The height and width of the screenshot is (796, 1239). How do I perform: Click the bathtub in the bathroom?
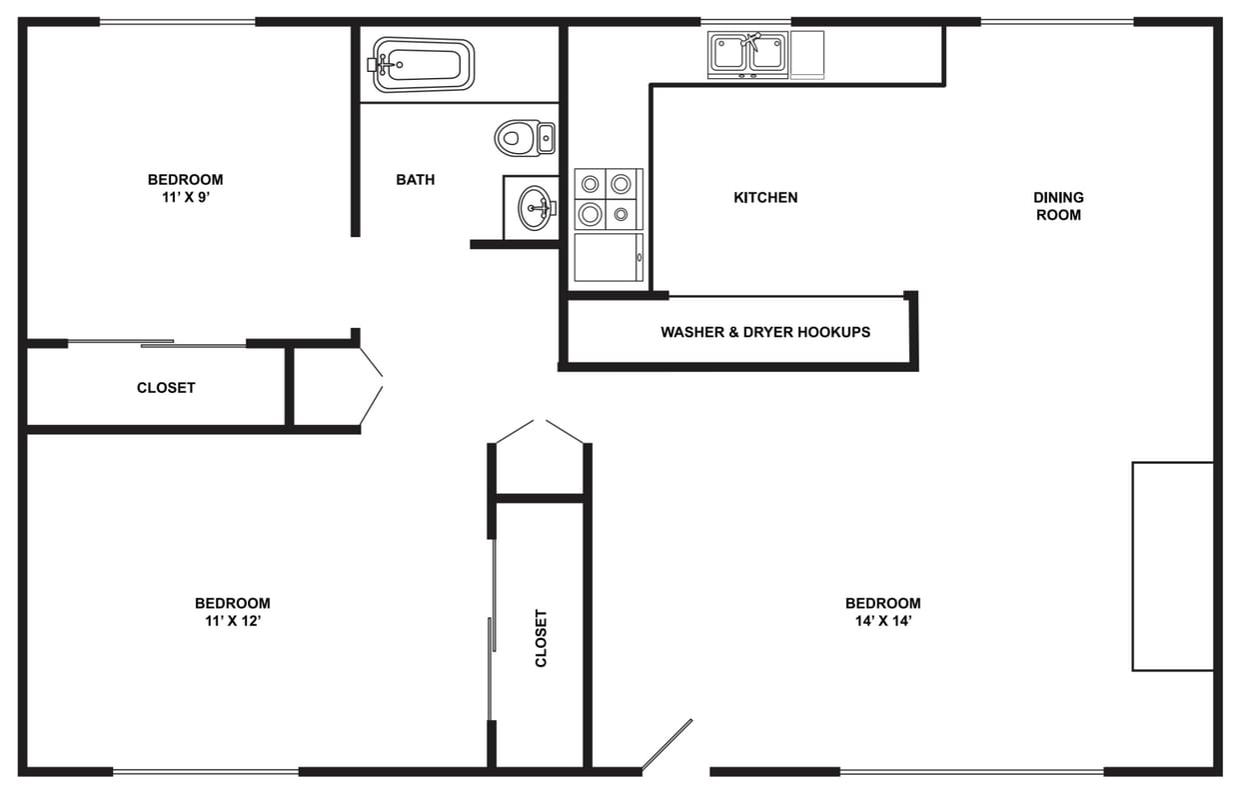click(423, 64)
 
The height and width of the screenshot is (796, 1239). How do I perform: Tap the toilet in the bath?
click(523, 137)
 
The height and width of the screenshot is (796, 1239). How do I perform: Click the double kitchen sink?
click(748, 54)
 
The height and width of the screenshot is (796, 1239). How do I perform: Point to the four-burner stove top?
click(608, 198)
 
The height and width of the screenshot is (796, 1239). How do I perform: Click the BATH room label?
click(415, 180)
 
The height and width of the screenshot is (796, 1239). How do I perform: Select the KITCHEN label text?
click(765, 197)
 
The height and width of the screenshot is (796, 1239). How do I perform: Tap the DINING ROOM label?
click(1058, 206)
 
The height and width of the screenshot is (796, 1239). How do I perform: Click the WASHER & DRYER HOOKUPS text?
click(765, 332)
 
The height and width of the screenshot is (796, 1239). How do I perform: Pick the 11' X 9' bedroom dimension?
click(185, 197)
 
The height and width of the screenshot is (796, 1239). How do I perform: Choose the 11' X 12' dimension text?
click(232, 620)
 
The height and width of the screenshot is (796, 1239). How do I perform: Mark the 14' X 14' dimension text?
click(882, 620)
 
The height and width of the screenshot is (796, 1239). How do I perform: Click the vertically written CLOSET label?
click(541, 638)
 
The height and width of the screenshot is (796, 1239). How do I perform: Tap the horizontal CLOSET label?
click(166, 388)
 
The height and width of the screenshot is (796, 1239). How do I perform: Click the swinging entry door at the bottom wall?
click(666, 745)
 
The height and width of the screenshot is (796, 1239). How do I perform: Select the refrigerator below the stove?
click(608, 258)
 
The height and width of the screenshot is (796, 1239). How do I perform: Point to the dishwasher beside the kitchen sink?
click(807, 54)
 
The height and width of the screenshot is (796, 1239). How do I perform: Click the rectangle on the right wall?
click(1172, 566)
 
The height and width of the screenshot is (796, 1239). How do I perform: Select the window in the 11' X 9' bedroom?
click(178, 21)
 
